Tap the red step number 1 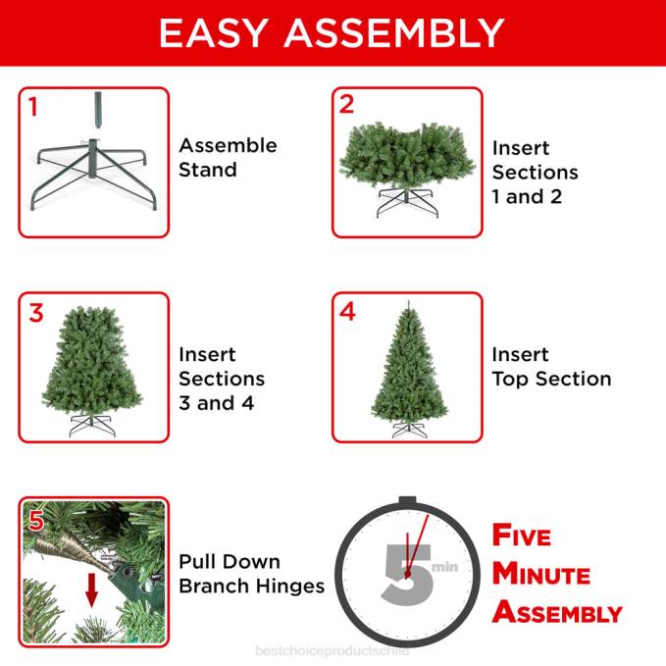32,107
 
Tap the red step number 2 346,105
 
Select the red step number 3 36,313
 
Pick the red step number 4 347,312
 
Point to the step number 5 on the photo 36,520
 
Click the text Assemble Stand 228,157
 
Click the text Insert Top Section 551,367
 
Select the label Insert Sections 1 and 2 535,172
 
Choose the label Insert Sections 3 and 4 222,379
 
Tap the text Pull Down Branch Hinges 251,574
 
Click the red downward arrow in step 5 92,589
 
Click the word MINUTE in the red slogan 540,574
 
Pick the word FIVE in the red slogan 522,536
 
